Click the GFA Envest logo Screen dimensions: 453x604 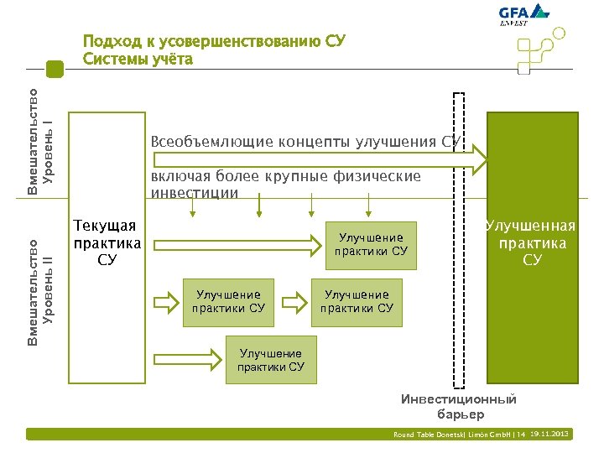(x=523, y=17)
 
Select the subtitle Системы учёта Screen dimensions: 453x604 (x=138, y=60)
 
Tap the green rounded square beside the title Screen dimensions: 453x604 (x=55, y=69)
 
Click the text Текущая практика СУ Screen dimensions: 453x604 (x=107, y=242)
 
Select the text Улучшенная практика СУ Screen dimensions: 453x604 (x=532, y=242)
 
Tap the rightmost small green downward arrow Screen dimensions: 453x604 (x=367, y=206)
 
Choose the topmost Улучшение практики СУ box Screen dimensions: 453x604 (x=371, y=244)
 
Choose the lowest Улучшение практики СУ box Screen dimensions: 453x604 (x=271, y=360)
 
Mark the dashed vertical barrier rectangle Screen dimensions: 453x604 (x=458, y=239)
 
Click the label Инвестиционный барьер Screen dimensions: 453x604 (x=459, y=407)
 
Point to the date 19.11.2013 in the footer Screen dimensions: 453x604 (x=551, y=434)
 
